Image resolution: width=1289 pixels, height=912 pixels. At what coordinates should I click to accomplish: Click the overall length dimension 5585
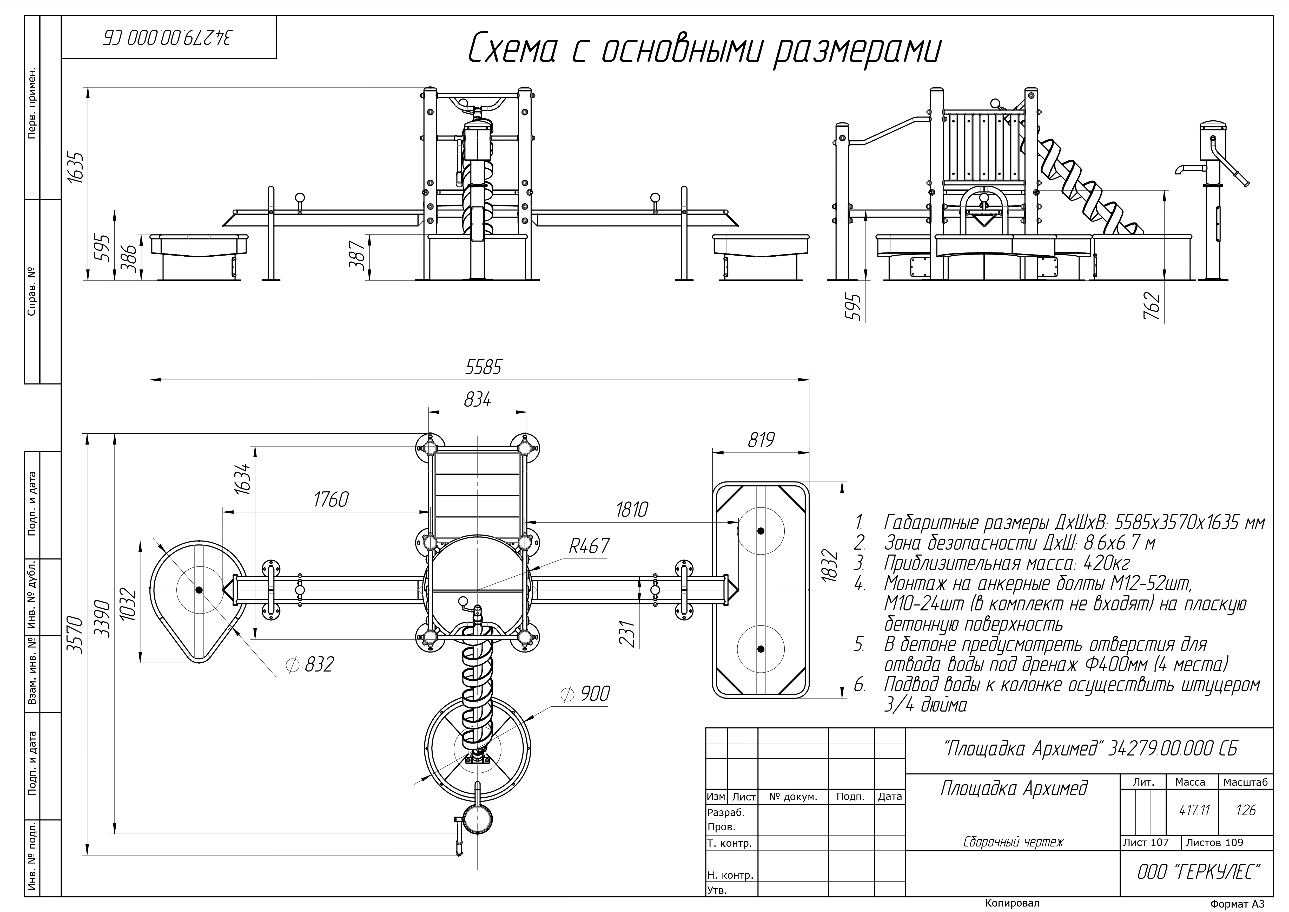pyautogui.click(x=483, y=367)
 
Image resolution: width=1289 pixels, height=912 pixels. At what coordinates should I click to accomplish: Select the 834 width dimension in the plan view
pyautogui.click(x=477, y=400)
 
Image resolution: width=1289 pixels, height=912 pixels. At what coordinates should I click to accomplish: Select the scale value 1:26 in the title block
pyautogui.click(x=1245, y=810)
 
